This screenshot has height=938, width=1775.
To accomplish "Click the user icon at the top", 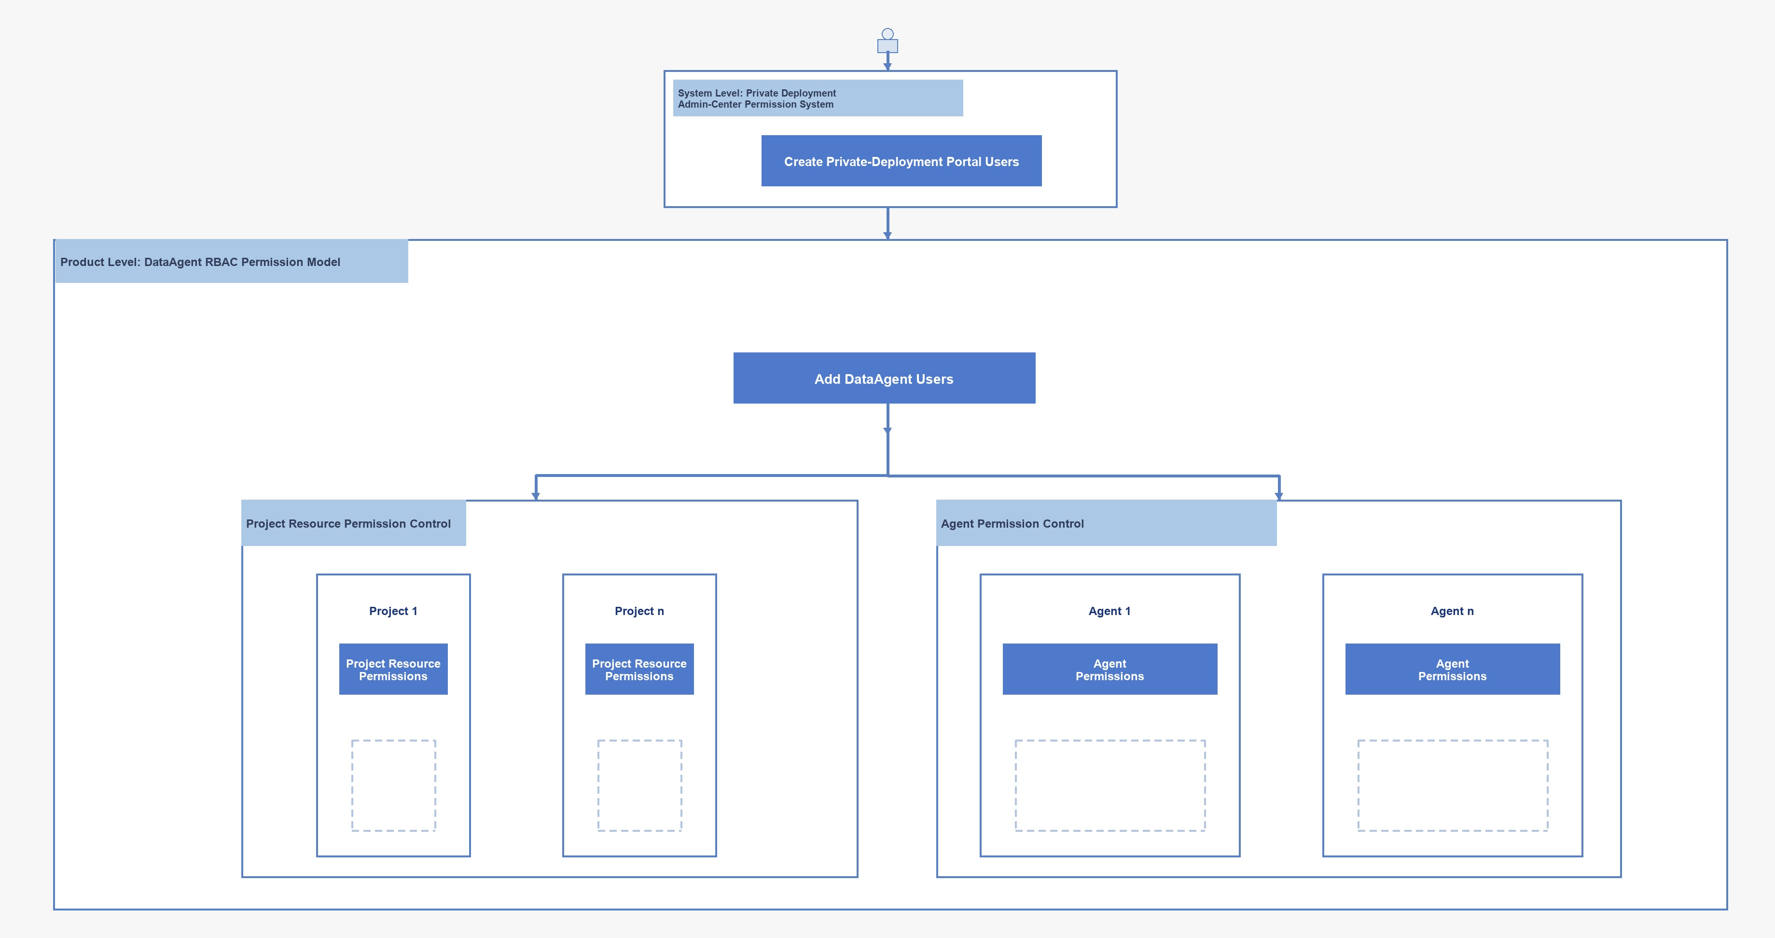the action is pyautogui.click(x=887, y=41).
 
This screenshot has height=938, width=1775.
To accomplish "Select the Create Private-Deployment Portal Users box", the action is pyautogui.click(x=901, y=161).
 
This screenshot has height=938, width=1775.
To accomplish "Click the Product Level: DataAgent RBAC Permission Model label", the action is pyautogui.click(x=200, y=262).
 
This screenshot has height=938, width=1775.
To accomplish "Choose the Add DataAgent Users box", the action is pyautogui.click(x=884, y=378).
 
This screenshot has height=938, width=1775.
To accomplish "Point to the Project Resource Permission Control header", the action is pyautogui.click(x=348, y=524).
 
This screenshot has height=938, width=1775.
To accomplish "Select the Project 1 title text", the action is pyautogui.click(x=393, y=611).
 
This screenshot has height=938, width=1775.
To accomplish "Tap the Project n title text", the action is pyautogui.click(x=639, y=611).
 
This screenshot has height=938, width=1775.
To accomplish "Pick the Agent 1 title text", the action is pyautogui.click(x=1109, y=611).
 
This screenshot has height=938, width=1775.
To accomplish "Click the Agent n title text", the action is pyautogui.click(x=1452, y=611).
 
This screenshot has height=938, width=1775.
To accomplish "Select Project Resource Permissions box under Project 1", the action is pyautogui.click(x=393, y=669).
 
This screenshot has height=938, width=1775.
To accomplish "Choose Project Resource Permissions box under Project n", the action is pyautogui.click(x=639, y=669).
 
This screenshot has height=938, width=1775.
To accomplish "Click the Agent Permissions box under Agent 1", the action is pyautogui.click(x=1110, y=669).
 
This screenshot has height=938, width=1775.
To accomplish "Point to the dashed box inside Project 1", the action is pyautogui.click(x=352, y=785).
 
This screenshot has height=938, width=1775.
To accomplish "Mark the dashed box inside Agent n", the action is pyautogui.click(x=1358, y=785).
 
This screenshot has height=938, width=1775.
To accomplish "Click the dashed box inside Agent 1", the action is pyautogui.click(x=1016, y=785).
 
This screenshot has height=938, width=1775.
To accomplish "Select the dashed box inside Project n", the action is pyautogui.click(x=598, y=785).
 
